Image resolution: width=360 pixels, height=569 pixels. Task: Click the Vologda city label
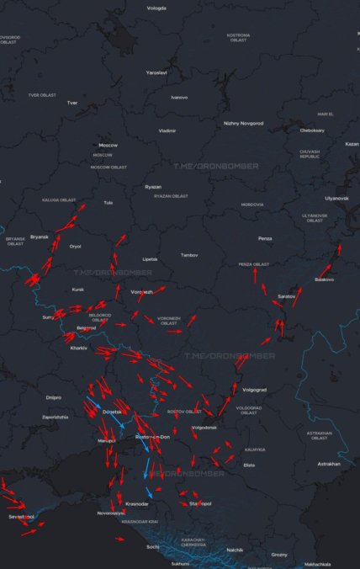point(156,8)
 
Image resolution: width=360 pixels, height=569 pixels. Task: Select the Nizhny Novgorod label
point(243,123)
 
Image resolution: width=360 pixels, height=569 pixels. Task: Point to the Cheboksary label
point(312,130)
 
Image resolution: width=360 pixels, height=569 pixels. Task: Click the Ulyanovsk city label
point(336,198)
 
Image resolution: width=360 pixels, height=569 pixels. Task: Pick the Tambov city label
point(189,254)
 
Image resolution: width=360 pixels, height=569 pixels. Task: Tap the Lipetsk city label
point(150,258)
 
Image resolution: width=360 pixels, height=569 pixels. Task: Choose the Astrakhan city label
point(329,464)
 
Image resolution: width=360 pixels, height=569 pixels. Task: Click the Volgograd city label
point(254,390)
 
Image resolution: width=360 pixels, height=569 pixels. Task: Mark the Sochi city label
point(152,546)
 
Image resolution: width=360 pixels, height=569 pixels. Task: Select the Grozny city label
point(279,555)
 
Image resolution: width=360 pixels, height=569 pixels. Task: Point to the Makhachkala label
point(317,564)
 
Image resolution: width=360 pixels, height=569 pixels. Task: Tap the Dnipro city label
point(54,396)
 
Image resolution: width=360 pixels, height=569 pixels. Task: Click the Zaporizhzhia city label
point(56,417)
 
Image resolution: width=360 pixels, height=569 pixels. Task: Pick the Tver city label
point(72,103)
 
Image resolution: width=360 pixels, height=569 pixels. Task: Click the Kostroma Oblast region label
point(238,38)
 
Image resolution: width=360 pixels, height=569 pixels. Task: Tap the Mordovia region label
point(251,205)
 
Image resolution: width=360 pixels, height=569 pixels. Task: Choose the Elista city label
point(249,465)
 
